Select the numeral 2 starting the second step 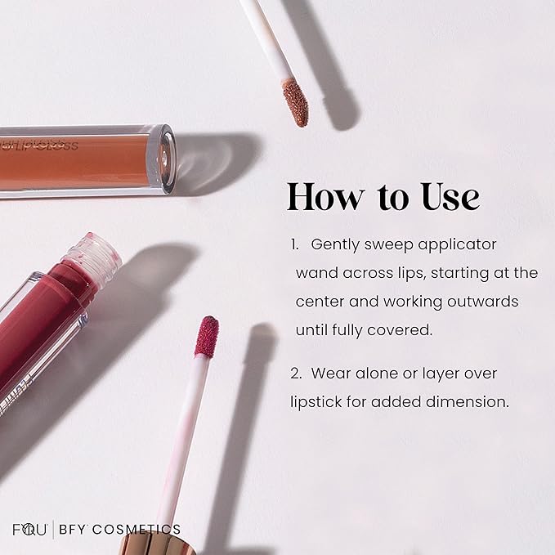294,374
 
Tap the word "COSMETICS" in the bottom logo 132,530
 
